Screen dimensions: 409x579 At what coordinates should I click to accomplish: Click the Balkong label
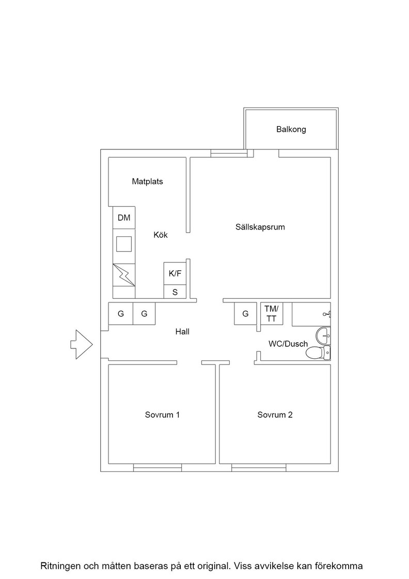pyautogui.click(x=291, y=130)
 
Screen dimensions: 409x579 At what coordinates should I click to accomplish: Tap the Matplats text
pyautogui.click(x=148, y=181)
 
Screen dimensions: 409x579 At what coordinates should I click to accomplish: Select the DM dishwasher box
pyautogui.click(x=124, y=218)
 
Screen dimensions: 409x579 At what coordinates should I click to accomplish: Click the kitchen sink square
pyautogui.click(x=124, y=244)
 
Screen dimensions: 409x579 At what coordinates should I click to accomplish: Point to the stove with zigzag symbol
pyautogui.click(x=124, y=275)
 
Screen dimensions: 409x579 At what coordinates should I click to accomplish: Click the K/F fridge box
pyautogui.click(x=175, y=273)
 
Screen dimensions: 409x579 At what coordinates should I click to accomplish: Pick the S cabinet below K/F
pyautogui.click(x=175, y=292)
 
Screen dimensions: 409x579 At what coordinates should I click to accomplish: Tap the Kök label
pyautogui.click(x=161, y=235)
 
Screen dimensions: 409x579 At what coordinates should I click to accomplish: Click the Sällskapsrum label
pyautogui.click(x=260, y=227)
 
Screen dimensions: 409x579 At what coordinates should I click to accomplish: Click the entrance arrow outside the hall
pyautogui.click(x=82, y=344)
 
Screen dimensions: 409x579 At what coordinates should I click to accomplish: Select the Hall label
pyautogui.click(x=182, y=331)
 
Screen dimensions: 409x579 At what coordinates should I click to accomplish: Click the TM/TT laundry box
pyautogui.click(x=272, y=313)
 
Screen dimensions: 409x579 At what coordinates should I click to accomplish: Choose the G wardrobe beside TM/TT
pyautogui.click(x=245, y=313)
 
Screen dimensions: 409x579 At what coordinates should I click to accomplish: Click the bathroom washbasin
pyautogui.click(x=323, y=336)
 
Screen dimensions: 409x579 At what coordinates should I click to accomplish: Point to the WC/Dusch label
pyautogui.click(x=288, y=344)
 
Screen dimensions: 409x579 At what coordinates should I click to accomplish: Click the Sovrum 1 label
pyautogui.click(x=162, y=415)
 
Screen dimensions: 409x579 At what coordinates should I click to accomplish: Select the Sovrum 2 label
pyautogui.click(x=275, y=415)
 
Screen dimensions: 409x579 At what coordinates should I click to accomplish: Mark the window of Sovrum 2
pyautogui.click(x=259, y=468)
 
